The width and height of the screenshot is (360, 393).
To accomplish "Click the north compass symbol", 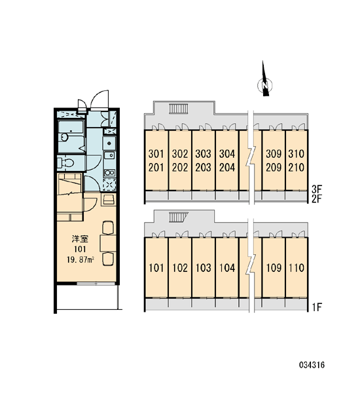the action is tap(265, 81).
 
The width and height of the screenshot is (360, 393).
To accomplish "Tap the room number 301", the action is tap(156, 154).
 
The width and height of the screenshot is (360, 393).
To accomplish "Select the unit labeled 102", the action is tap(180, 268).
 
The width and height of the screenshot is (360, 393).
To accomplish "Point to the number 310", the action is tap(296, 154).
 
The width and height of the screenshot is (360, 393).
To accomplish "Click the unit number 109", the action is tap(274, 268).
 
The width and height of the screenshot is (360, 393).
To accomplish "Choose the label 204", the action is tap(227, 168).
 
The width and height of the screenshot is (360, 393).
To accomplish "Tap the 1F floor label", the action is tap(317, 307).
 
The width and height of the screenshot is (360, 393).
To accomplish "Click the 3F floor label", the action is tap(317, 189).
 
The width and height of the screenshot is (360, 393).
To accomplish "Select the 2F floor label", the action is tap(317, 198).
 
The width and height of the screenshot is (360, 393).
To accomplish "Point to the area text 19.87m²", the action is tap(80, 259).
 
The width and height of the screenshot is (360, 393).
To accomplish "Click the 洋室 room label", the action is tap(80, 239).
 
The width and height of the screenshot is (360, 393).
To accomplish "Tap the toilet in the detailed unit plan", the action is tap(65, 163).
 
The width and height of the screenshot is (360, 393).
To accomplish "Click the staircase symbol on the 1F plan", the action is tap(178, 217).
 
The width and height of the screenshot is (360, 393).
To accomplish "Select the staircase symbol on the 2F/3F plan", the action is tap(179, 109).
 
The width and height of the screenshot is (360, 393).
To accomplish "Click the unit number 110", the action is tap(296, 268).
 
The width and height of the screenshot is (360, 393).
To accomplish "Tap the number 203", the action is tap(203, 168).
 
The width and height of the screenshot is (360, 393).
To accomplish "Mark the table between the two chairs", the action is tap(108, 243).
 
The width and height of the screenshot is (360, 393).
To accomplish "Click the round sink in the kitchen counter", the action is tap(109, 143).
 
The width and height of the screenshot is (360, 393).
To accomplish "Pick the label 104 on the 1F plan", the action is tap(227, 268).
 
